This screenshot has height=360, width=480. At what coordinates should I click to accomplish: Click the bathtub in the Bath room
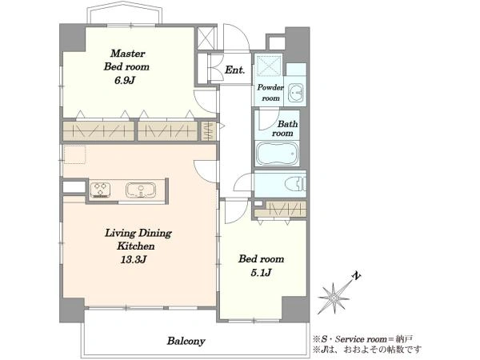[x=277, y=154]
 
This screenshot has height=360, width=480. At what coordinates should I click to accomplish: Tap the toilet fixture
[x=295, y=185]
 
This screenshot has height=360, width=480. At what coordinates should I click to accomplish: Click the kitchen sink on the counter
[x=141, y=190]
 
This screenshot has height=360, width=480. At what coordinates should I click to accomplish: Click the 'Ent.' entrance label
[x=234, y=70]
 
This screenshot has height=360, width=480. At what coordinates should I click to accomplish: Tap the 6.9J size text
[x=125, y=81]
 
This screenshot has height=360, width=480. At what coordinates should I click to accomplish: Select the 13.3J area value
[x=134, y=259]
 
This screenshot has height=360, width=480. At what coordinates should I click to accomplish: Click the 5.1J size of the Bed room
[x=261, y=273]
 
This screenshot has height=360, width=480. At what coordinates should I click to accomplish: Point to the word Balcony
[x=186, y=341]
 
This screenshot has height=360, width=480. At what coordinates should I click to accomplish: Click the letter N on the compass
[x=355, y=275]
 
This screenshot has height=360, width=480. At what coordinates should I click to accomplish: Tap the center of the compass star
[x=334, y=298]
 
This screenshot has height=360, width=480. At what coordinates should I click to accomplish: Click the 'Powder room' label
[x=270, y=93]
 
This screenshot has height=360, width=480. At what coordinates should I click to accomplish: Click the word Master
[x=128, y=54]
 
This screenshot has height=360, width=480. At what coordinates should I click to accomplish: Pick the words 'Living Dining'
[x=138, y=233]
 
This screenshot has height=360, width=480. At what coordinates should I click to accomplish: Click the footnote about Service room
[x=362, y=339]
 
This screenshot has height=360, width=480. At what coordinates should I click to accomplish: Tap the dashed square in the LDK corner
[x=74, y=154]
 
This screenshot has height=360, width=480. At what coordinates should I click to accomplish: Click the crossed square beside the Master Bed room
[x=206, y=38]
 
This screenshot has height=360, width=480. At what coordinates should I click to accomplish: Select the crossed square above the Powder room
[x=269, y=66]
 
